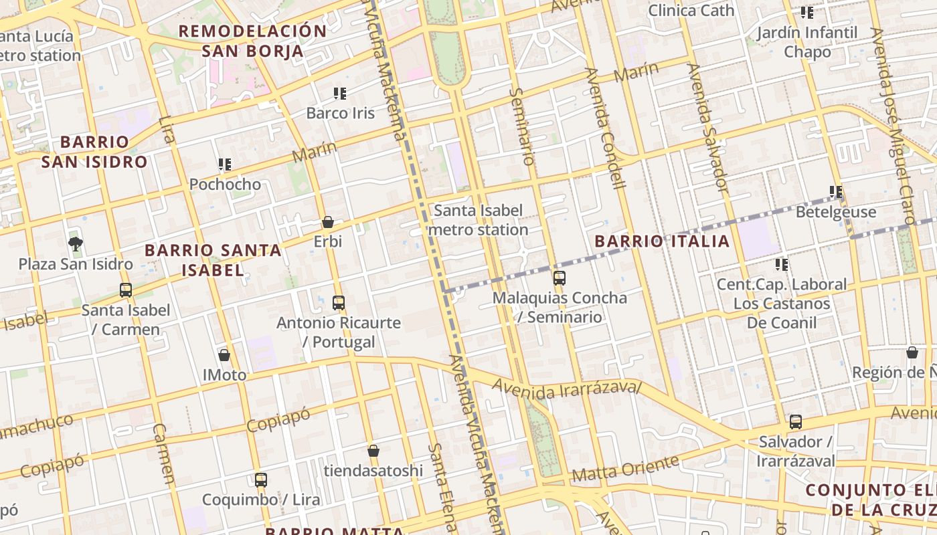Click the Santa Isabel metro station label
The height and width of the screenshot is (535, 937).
pos(478,220)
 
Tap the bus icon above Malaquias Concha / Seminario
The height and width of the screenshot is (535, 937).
pos(560,278)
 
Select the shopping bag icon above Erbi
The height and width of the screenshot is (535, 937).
pos(328,222)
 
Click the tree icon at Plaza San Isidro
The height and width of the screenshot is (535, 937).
pos(76,244)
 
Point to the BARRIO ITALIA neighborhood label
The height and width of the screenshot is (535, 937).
pos(662,241)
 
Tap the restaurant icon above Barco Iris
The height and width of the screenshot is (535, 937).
pos(340,94)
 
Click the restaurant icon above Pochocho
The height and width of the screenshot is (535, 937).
pos(225,165)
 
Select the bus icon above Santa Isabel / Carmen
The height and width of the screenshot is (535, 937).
pos(126,290)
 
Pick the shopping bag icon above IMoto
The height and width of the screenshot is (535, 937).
pos(224,355)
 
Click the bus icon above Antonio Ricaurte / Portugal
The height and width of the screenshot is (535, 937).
pos(339,303)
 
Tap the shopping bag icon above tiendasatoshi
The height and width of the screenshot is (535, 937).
pos(373,451)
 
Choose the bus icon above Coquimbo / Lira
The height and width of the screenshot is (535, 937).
pos(261,480)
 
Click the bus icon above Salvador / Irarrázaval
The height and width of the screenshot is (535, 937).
pos(796,422)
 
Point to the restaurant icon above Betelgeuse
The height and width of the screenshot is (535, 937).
pos(836,193)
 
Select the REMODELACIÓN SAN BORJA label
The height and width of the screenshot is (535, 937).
pos(252,41)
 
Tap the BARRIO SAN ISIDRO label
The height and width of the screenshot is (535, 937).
pos(94,152)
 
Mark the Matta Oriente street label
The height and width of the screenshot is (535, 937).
pos(626,469)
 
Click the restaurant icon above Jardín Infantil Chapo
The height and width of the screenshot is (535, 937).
pos(807,13)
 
